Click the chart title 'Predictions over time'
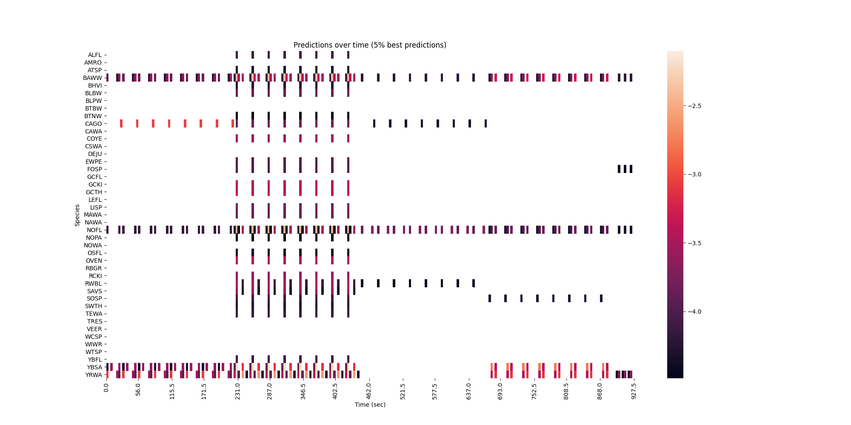click(370, 45)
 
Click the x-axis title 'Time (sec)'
click(370, 405)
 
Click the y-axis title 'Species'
click(77, 215)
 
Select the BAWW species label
click(93, 78)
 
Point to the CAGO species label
click(94, 124)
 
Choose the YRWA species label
click(94, 375)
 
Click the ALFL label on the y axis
click(95, 55)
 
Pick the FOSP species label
click(94, 169)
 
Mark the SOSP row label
click(94, 298)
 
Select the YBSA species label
click(94, 367)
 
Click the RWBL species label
click(94, 283)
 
